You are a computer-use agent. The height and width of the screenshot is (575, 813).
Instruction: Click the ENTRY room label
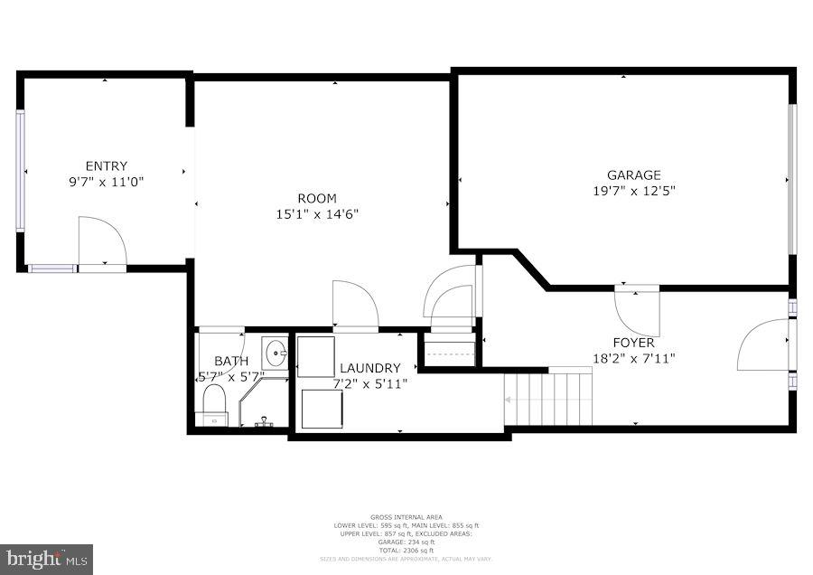tap(106, 165)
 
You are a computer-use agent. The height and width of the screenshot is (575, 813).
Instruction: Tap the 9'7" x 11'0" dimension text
tap(106, 181)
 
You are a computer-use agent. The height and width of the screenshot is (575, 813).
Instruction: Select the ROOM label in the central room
tap(317, 198)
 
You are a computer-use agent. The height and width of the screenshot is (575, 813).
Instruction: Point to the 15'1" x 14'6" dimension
tap(317, 214)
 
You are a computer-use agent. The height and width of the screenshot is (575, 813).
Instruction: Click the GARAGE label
tap(633, 174)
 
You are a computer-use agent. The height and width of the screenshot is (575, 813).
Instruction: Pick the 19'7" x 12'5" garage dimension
tap(633, 191)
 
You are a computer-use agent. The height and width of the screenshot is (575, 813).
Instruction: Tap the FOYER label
tap(633, 343)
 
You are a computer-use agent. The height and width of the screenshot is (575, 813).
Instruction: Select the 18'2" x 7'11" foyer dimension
tap(633, 358)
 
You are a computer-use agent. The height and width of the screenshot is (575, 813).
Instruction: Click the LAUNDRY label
tap(369, 368)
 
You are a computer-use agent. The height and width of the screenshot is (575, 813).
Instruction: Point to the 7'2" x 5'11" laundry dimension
tap(369, 383)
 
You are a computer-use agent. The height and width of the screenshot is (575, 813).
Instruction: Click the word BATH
tap(230, 361)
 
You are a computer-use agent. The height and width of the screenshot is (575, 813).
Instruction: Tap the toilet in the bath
tap(214, 401)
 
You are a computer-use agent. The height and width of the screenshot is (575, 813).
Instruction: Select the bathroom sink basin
tap(275, 353)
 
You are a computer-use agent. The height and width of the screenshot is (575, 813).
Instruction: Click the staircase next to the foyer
tap(548, 398)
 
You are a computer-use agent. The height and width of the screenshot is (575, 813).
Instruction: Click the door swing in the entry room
tap(100, 241)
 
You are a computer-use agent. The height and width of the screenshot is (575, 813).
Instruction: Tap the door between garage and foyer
tap(637, 311)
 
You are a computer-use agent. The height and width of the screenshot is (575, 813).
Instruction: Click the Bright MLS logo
tap(46, 559)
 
